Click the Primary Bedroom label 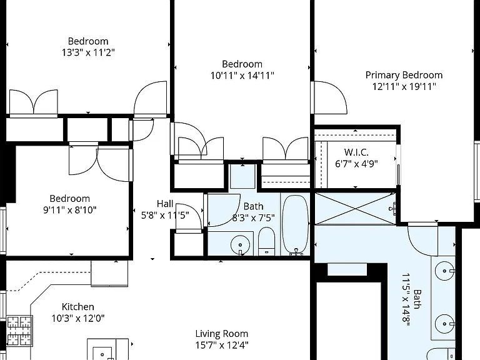click(x=404, y=75)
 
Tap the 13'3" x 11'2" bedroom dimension click(x=88, y=52)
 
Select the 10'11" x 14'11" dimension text click(x=242, y=75)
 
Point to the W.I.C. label click(x=356, y=152)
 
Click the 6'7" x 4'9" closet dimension click(x=356, y=164)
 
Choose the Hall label click(x=165, y=204)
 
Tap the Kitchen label click(x=77, y=307)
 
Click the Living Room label click(x=222, y=334)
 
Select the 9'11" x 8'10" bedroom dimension click(x=70, y=210)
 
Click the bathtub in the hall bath click(x=295, y=225)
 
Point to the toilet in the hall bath click(x=267, y=241)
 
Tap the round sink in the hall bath click(x=240, y=245)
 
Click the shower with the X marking click(x=355, y=209)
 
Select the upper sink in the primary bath click(x=444, y=271)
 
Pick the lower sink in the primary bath click(x=444, y=324)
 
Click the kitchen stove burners click(x=19, y=331)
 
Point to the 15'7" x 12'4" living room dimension click(x=222, y=345)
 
